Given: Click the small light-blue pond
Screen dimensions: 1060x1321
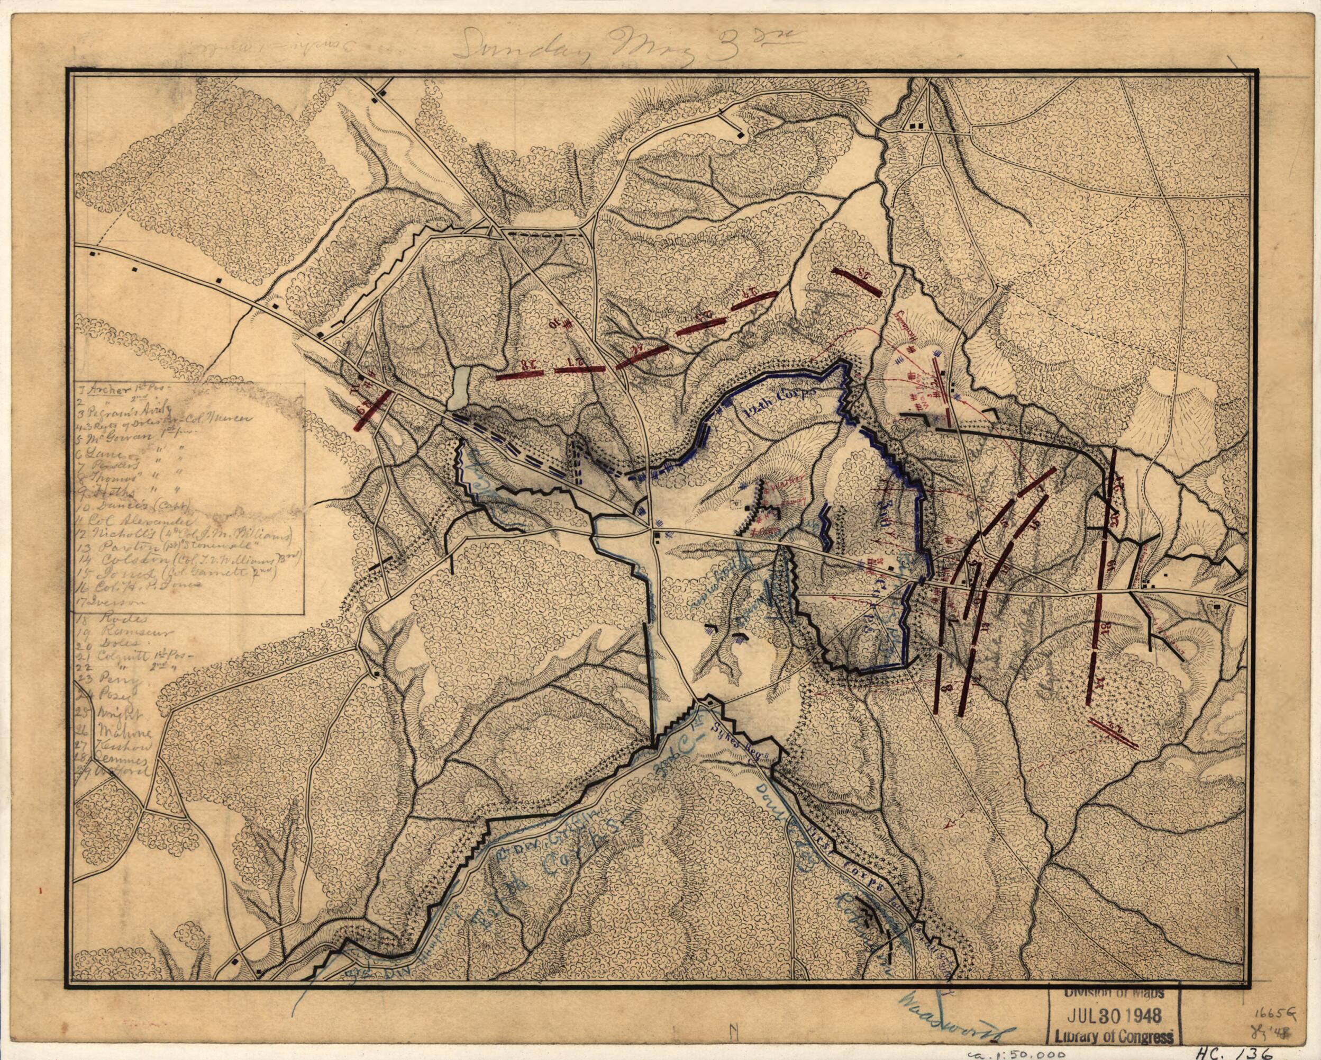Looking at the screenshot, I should (x=459, y=389).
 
